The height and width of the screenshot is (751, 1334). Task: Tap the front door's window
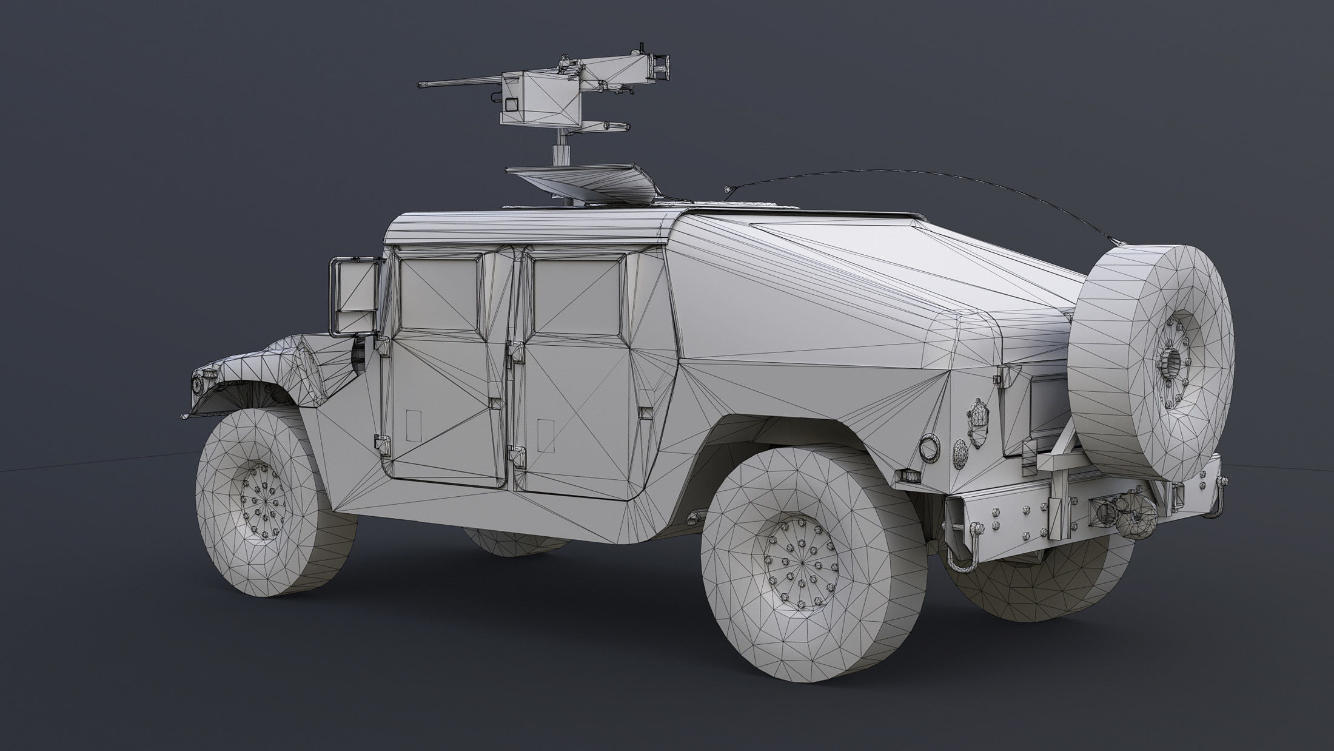point(437,288)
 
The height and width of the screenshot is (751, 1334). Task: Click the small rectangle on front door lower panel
point(414,425)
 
